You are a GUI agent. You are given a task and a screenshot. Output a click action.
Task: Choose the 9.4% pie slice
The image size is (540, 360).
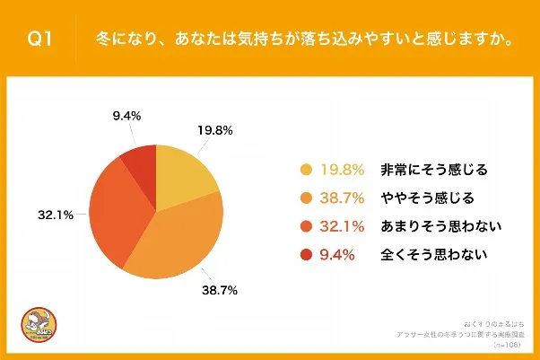point(140,161)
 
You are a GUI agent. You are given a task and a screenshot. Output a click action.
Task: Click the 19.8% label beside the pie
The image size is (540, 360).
point(214,130)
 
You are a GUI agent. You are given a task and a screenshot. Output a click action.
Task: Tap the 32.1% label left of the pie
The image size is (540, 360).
point(55,216)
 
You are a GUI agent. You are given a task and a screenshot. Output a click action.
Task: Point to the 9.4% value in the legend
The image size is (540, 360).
point(338,254)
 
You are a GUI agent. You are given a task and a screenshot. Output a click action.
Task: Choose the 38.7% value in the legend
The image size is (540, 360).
point(342,198)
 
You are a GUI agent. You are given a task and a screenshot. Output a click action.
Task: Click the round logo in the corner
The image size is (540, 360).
point(35,329)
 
